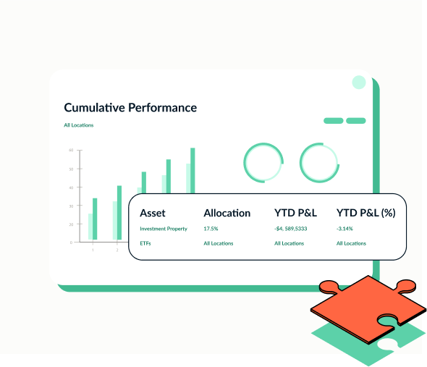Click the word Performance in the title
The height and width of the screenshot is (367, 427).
click(162, 108)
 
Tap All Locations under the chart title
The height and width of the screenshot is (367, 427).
click(78, 125)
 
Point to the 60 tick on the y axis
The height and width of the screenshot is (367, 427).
click(72, 150)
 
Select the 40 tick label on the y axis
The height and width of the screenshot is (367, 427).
click(72, 187)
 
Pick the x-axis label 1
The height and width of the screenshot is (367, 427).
click(92, 250)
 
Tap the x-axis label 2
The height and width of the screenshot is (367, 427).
click(117, 250)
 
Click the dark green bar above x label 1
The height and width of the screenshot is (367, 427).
click(94, 219)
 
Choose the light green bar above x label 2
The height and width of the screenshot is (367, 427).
click(114, 220)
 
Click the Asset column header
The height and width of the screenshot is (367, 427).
click(153, 213)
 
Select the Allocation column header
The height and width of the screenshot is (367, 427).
click(227, 213)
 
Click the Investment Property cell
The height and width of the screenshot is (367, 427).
click(164, 229)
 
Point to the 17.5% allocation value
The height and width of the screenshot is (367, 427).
click(211, 229)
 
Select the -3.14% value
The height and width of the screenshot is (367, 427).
click(345, 229)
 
